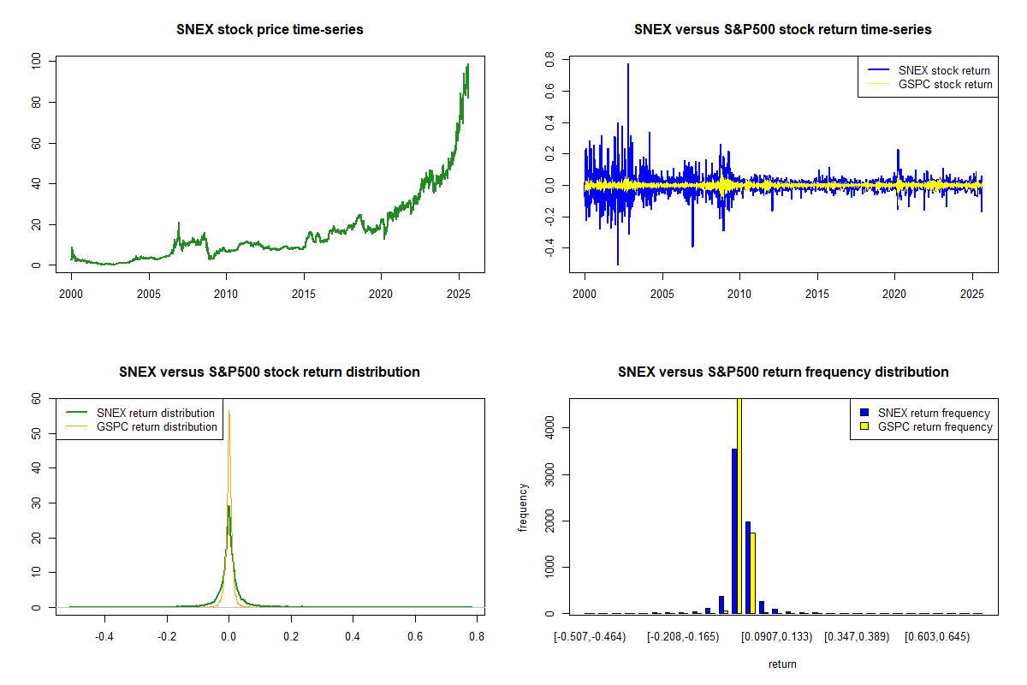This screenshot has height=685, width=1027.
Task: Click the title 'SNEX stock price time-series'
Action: (x=270, y=30)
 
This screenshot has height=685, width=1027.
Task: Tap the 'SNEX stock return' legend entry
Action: (x=944, y=70)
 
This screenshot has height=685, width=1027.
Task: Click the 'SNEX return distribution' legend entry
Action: (x=155, y=413)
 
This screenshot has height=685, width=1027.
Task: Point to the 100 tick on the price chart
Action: (x=35, y=62)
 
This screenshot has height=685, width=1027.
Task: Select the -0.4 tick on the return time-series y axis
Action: (x=549, y=248)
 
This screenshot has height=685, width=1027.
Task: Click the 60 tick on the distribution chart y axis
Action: (x=37, y=398)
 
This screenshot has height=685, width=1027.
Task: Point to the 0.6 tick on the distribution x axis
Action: (x=415, y=637)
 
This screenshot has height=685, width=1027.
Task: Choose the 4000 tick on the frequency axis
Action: (x=549, y=427)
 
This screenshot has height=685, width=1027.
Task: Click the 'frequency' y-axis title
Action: (x=523, y=508)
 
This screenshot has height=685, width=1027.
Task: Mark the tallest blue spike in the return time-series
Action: (x=628, y=65)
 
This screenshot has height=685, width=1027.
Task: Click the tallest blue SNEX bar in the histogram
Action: (x=734, y=531)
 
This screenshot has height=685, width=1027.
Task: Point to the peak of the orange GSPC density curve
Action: (x=229, y=411)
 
